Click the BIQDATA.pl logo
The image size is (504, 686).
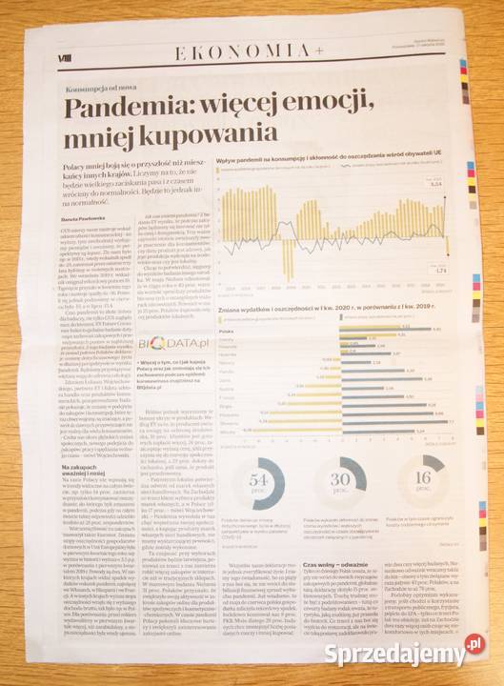coord(161,343)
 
